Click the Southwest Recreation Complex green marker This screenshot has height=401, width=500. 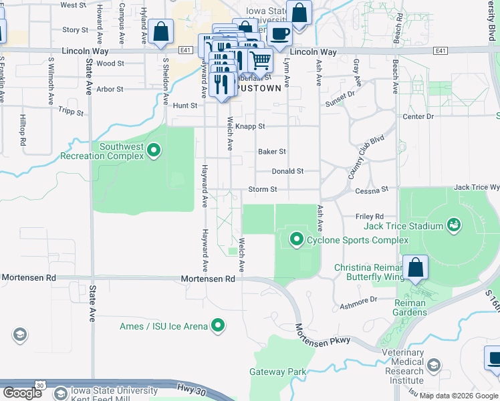pyautogui.click(x=154, y=150)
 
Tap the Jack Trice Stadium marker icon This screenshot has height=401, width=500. pyautogui.click(x=454, y=225)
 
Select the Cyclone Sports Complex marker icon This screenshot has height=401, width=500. pyautogui.click(x=296, y=239)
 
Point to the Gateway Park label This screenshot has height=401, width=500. pyautogui.click(x=277, y=372)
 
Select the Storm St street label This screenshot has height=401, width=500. pyautogui.click(x=263, y=189)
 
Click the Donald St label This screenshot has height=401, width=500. pyautogui.click(x=287, y=171)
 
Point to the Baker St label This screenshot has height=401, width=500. pyautogui.click(x=272, y=152)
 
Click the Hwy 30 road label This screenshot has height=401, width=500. pyautogui.click(x=190, y=388)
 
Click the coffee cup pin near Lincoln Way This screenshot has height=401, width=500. pyautogui.click(x=279, y=33)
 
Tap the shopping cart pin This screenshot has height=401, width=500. pyautogui.click(x=261, y=61)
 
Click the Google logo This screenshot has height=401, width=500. pyautogui.click(x=23, y=392)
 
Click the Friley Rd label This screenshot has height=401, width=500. pyautogui.click(x=370, y=217)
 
